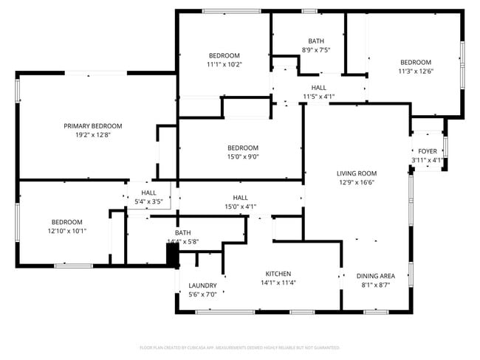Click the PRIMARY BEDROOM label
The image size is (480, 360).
click(x=93, y=126)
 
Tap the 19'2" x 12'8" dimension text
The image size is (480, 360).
click(x=93, y=135)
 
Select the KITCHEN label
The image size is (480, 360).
click(x=278, y=273)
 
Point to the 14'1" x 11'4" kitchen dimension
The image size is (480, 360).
click(x=278, y=282)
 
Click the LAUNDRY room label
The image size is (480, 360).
click(x=202, y=285)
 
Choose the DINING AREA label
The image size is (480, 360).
click(x=376, y=276)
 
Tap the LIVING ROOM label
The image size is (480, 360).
click(x=357, y=173)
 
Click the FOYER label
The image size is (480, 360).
click(x=428, y=151)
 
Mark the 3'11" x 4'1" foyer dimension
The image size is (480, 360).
click(x=428, y=160)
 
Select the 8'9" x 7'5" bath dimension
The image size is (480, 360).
click(x=315, y=50)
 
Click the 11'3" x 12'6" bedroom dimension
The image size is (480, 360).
click(x=416, y=72)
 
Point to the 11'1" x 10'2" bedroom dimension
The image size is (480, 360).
click(x=224, y=65)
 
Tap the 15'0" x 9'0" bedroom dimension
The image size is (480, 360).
click(x=243, y=156)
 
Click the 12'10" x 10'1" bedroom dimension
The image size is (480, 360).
click(x=66, y=231)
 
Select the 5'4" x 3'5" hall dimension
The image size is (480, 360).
click(x=148, y=201)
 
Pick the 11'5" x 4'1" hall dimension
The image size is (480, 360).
click(x=319, y=97)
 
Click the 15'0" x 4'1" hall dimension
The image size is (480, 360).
click(x=241, y=207)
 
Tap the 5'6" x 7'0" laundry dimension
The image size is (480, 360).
click(x=202, y=294)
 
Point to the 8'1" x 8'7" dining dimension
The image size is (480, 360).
click(x=376, y=285)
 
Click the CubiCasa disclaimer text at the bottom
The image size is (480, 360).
click(x=239, y=347)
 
